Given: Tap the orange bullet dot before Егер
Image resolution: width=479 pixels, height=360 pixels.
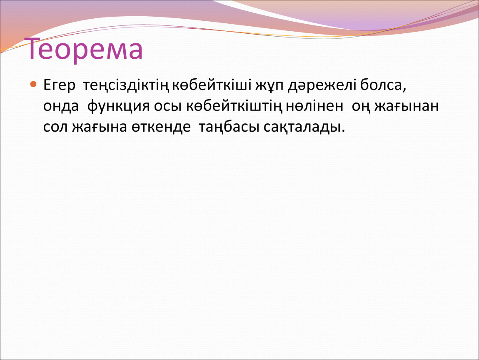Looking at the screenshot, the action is point(33,84).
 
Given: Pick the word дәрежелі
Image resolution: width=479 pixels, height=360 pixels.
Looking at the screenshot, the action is point(322,85).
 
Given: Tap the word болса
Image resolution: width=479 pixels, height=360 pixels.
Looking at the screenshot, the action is point(383,85).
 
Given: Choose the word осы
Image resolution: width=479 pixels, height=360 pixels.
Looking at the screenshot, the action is point(168,107).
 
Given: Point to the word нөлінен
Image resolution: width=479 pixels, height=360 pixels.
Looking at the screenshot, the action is point(315,106).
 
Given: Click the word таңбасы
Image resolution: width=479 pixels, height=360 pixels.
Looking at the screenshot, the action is point(229,127).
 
